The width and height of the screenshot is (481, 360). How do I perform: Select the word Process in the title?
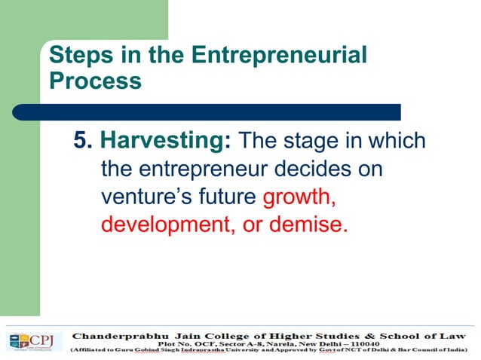tap(95, 80)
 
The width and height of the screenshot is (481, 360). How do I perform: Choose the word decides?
tap(313, 169)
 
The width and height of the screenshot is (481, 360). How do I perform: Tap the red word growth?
tap(299, 197)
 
